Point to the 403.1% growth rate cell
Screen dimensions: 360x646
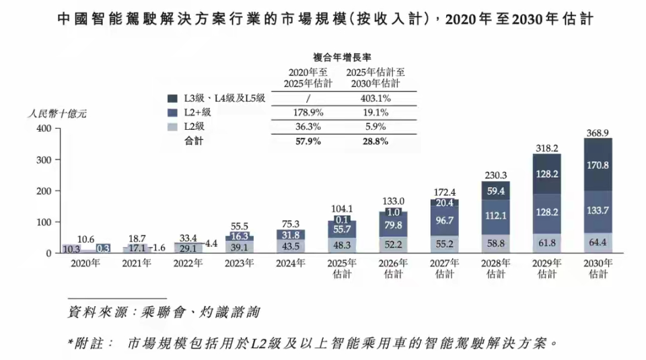pyautogui.click(x=378, y=98)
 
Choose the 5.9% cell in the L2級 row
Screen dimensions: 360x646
pyautogui.click(x=378, y=127)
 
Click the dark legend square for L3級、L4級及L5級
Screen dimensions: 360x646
pyautogui.click(x=172, y=98)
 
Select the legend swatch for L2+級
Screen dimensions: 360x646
pyautogui.click(x=172, y=112)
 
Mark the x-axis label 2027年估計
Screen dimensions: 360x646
pyautogui.click(x=444, y=268)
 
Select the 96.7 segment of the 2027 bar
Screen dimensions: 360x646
pyautogui.click(x=444, y=220)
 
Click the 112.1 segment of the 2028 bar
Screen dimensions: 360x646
pyautogui.click(x=495, y=216)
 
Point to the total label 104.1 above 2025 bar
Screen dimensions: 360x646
pyautogui.click(x=342, y=209)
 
